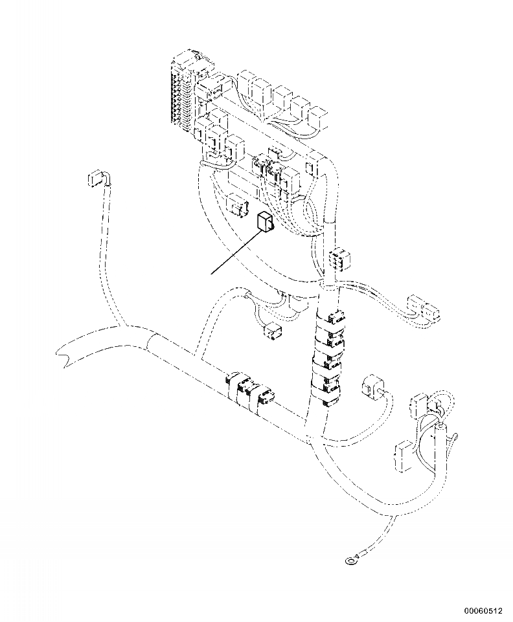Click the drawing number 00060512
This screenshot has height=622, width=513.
483,610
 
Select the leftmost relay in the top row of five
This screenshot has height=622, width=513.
249,83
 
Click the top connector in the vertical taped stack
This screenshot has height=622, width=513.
334,318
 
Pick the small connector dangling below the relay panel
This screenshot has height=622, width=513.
273,333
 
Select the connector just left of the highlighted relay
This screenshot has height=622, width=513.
236,206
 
